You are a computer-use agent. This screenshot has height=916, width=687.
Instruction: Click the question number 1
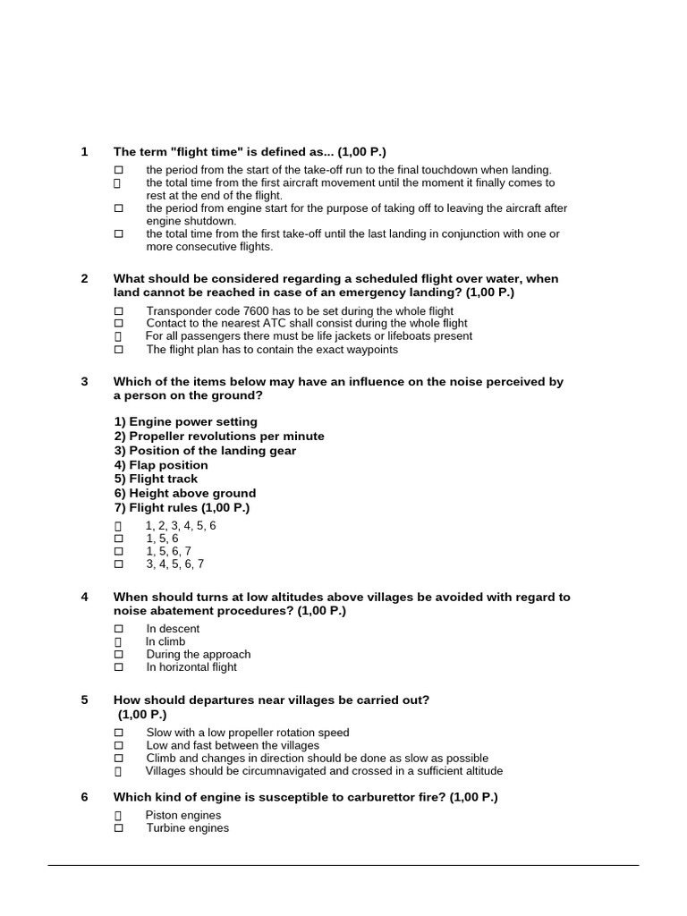pos(84,152)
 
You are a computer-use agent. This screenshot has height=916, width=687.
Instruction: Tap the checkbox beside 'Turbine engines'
pos(118,828)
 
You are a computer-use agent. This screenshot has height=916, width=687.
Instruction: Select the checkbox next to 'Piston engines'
pos(118,816)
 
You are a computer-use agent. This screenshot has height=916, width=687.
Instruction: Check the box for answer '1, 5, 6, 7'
pos(118,551)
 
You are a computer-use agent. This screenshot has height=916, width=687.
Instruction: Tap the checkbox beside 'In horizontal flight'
pos(118,667)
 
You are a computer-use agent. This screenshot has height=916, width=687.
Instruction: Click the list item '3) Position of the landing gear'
pos(205,451)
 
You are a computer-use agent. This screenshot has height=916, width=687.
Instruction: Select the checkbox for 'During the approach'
pos(118,655)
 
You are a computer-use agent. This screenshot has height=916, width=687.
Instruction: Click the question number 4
pos(84,597)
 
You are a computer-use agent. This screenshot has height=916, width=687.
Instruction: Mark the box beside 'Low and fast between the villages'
pos(118,745)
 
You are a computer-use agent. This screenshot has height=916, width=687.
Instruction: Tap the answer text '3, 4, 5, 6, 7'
pos(175,564)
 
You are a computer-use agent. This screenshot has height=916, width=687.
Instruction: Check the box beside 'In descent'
pos(118,629)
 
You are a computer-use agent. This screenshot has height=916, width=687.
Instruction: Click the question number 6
pos(84,797)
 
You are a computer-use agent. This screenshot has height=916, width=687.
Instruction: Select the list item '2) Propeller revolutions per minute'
pos(219,437)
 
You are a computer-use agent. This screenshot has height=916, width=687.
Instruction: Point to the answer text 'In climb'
pos(165,641)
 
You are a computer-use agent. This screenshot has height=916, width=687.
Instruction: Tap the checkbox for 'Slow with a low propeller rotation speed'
pos(118,733)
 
